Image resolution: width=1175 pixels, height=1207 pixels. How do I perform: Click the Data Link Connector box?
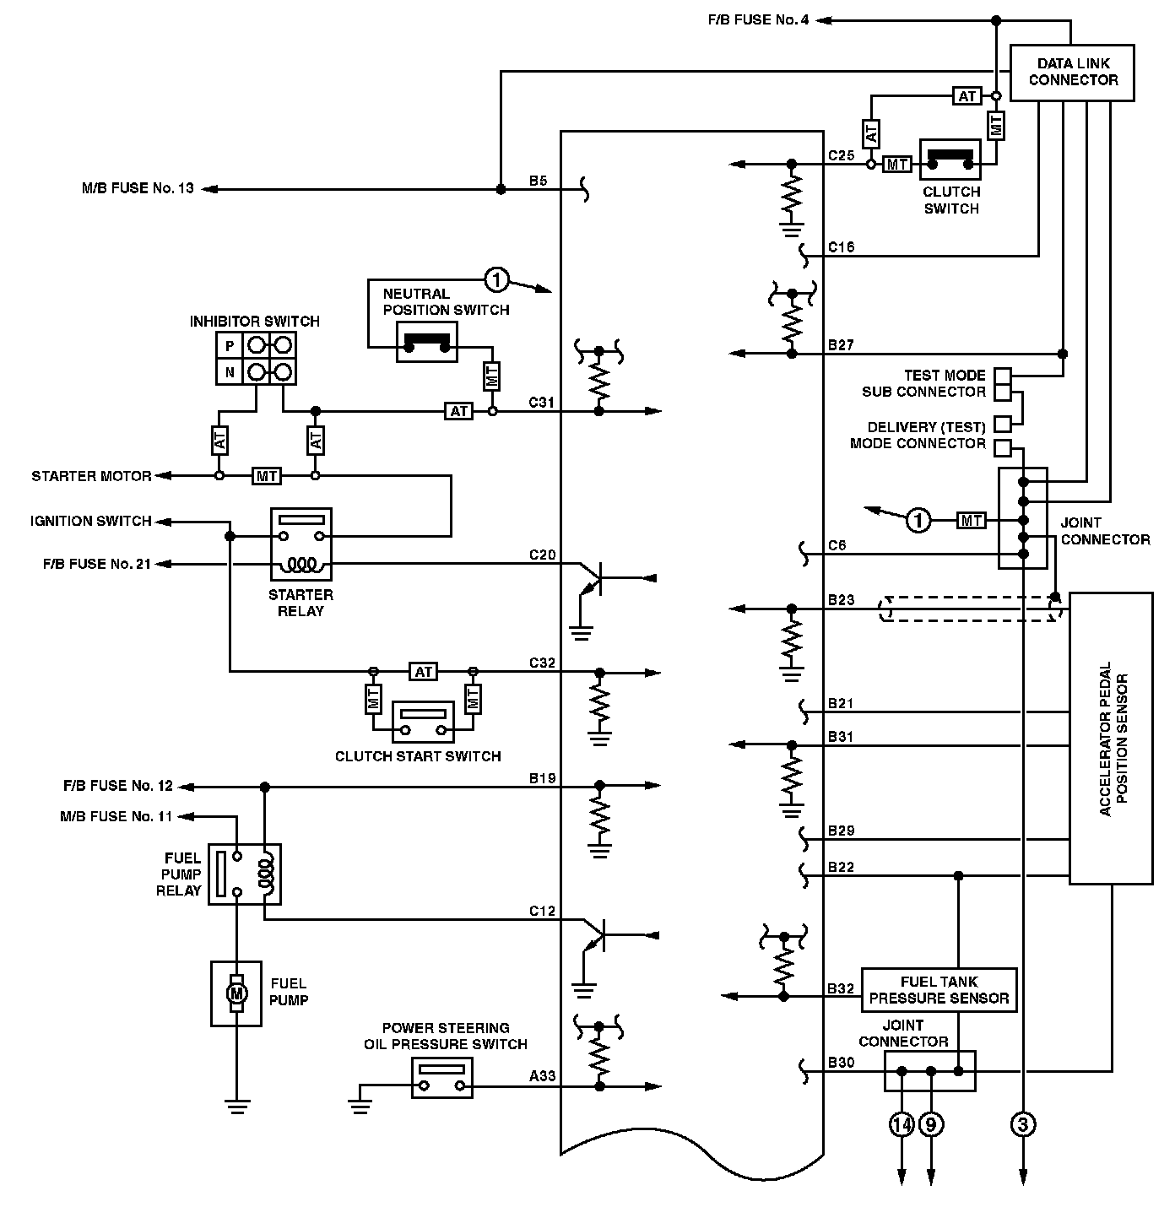coord(1072,73)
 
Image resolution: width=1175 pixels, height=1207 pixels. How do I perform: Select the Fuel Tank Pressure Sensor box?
coord(939,990)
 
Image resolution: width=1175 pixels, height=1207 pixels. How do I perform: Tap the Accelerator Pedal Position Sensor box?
coord(1111,738)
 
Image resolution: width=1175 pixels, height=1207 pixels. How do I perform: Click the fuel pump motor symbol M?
coord(237,993)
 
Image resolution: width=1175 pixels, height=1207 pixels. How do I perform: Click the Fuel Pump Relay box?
coord(244,874)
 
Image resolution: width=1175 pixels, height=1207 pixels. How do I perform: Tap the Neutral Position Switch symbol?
coord(427,342)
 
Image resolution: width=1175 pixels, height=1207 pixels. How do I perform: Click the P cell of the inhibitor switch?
coord(230,346)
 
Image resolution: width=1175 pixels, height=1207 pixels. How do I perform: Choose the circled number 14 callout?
coord(902,1124)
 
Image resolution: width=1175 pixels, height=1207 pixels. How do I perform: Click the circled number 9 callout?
coord(931,1124)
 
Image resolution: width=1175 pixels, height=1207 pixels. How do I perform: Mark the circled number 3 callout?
coord(1023,1124)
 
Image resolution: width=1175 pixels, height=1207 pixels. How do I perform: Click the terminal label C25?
coord(841,155)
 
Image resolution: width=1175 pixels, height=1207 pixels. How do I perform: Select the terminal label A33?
coord(542,1076)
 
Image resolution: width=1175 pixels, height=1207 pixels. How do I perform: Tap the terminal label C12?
coord(542,911)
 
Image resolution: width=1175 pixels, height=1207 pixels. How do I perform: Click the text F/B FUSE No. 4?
coord(758,19)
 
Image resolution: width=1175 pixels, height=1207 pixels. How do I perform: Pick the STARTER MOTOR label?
coord(92,476)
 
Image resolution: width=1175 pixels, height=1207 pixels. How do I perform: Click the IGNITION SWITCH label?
coord(91,521)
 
